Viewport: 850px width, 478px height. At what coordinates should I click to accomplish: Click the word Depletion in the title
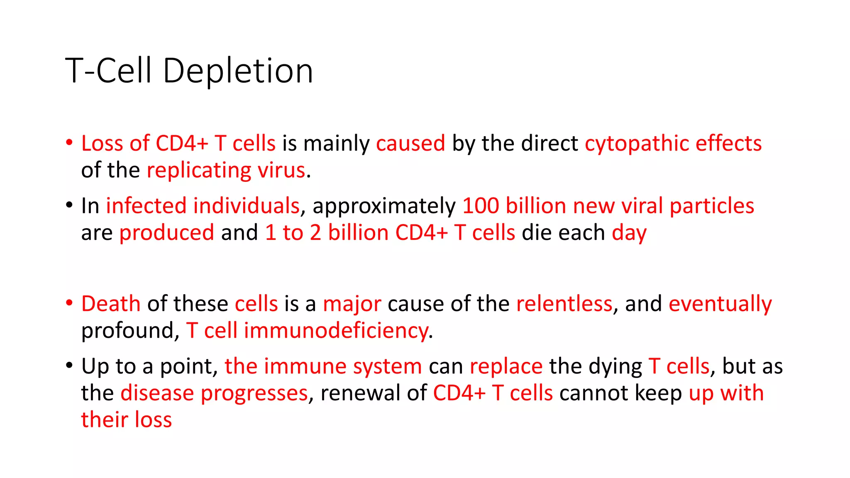238,71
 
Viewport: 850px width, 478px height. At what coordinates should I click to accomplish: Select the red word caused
410,144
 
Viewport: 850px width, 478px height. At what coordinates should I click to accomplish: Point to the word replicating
199,171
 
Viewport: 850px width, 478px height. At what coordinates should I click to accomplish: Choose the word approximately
384,207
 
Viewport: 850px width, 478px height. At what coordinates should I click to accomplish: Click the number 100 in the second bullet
481,206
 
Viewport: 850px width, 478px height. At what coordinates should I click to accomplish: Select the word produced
167,233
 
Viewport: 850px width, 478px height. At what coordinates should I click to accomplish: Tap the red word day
629,233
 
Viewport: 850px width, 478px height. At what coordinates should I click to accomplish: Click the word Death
111,304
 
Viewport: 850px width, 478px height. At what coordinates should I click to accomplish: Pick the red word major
352,304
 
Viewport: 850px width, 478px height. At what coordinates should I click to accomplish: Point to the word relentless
564,304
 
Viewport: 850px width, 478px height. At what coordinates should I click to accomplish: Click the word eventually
720,305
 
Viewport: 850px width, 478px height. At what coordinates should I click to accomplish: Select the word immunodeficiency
336,331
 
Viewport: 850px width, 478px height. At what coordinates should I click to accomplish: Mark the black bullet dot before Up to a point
69,366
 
